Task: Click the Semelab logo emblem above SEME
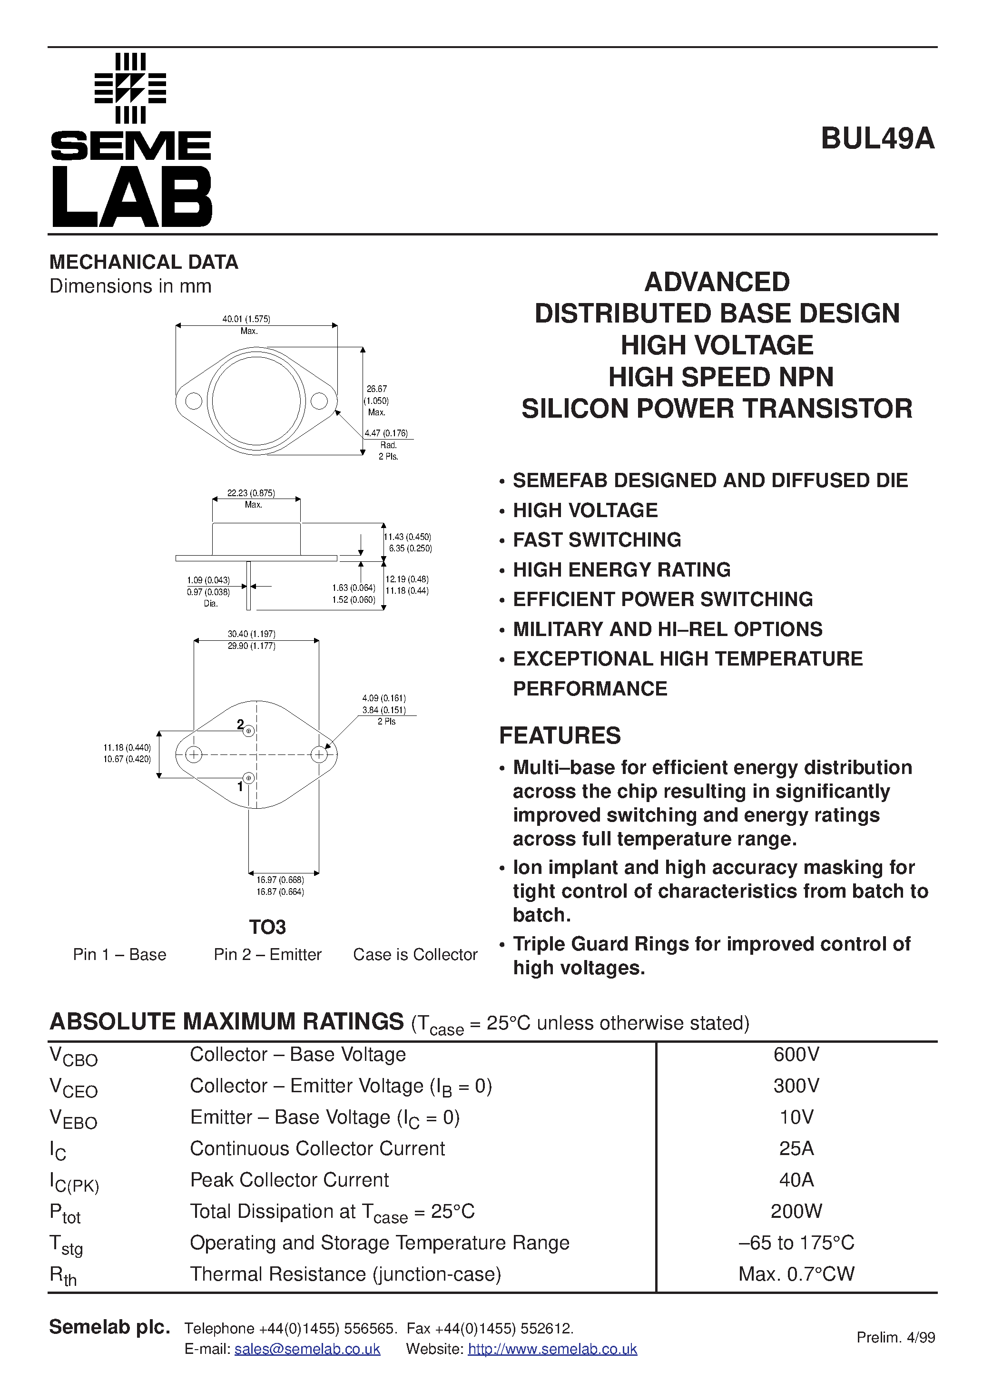[x=130, y=88]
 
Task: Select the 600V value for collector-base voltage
[x=796, y=1055]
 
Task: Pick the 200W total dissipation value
[x=796, y=1212]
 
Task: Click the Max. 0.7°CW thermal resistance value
[x=796, y=1274]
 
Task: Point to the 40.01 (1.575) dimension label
[x=246, y=319]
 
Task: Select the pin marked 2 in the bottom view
[x=248, y=731]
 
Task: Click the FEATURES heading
[x=560, y=735]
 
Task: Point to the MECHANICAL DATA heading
[x=144, y=262]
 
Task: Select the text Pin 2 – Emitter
[x=267, y=955]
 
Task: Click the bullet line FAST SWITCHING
[x=597, y=540]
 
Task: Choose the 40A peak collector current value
[x=796, y=1180]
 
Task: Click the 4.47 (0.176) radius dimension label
[x=386, y=433]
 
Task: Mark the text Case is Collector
[x=415, y=955]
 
